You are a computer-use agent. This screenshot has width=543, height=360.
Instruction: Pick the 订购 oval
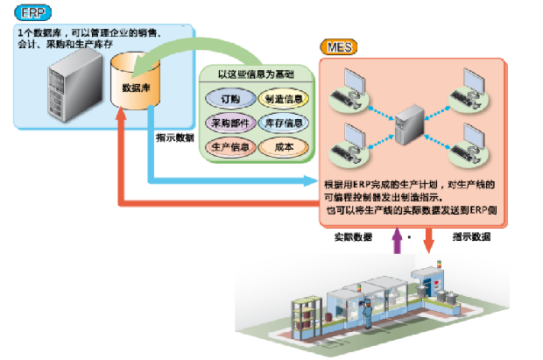(x=229, y=97)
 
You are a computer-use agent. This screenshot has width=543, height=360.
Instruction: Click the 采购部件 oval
(x=229, y=121)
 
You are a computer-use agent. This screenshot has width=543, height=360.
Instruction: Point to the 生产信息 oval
(x=229, y=145)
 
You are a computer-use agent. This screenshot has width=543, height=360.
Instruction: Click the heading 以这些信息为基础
(x=257, y=74)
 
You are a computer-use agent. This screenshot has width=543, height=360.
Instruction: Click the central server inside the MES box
(x=410, y=124)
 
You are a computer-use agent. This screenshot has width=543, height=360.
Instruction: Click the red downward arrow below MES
(x=427, y=239)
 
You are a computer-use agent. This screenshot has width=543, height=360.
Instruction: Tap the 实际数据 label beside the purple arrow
(x=354, y=237)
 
